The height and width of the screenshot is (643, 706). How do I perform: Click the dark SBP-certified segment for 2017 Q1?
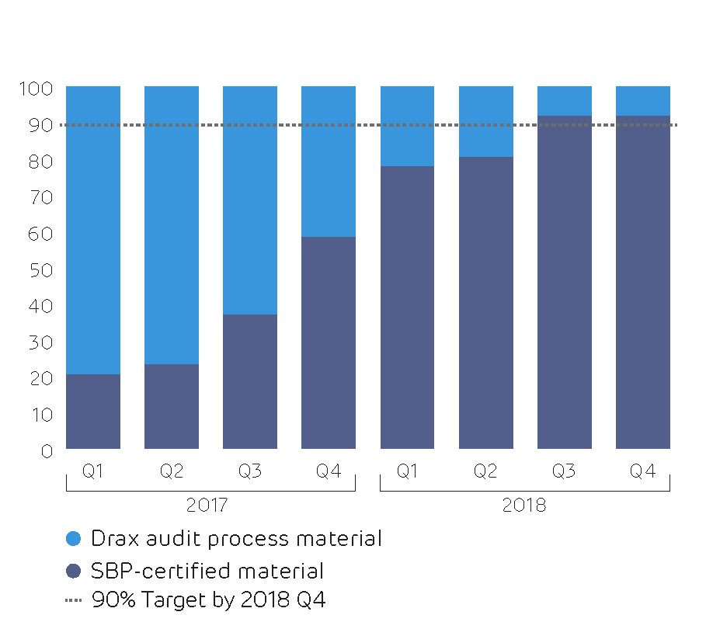click(93, 412)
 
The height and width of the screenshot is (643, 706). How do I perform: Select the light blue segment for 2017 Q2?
click(172, 225)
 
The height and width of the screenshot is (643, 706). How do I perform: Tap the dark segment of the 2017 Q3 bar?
click(250, 381)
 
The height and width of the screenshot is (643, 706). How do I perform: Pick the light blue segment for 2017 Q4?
click(329, 162)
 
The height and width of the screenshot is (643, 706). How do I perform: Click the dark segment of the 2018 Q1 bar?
click(407, 308)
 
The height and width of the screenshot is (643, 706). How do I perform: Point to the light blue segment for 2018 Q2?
click(485, 121)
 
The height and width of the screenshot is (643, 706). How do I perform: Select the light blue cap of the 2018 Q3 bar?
click(564, 101)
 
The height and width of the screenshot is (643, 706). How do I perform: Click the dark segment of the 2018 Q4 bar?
click(642, 283)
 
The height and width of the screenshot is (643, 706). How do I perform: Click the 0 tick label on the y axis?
click(46, 451)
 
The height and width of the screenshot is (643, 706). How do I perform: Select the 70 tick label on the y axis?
click(41, 197)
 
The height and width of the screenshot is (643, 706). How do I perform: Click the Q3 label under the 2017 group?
click(250, 471)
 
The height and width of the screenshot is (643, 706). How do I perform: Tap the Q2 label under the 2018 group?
click(485, 471)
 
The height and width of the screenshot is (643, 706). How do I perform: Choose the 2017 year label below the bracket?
click(207, 506)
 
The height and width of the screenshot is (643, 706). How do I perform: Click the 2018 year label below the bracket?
click(524, 506)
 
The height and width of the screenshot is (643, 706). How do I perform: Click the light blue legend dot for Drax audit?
click(75, 538)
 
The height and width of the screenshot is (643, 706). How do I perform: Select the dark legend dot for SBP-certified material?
click(75, 572)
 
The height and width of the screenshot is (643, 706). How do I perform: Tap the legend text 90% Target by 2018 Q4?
click(208, 600)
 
